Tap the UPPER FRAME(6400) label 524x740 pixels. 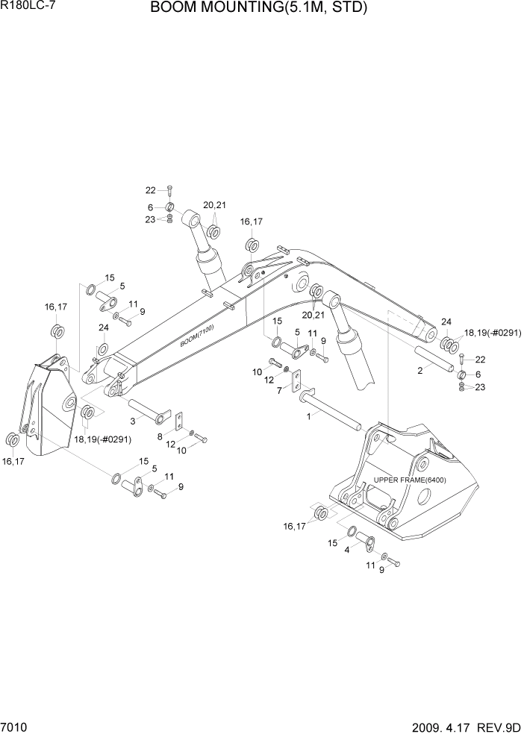point(410,480)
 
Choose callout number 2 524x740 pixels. point(420,370)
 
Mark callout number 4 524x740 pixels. point(347,551)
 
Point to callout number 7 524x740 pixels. point(280,390)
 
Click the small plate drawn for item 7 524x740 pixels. point(296,382)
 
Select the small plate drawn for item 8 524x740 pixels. point(181,421)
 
